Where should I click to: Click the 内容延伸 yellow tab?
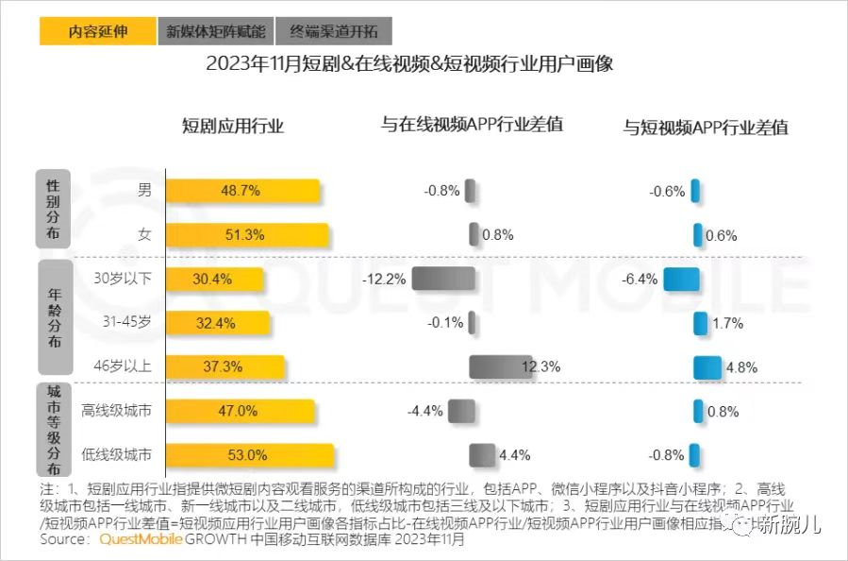98,31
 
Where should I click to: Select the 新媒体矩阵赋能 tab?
216,31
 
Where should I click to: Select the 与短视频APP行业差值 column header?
707,127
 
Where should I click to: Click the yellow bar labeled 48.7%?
242,191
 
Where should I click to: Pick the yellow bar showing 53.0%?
250,455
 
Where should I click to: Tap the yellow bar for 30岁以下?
214,279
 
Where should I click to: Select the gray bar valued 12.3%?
501,366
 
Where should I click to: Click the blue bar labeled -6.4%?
681,279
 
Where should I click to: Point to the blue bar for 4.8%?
707,367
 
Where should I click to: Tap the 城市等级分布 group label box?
53,429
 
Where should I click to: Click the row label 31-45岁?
127,322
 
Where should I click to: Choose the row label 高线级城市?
118,411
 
